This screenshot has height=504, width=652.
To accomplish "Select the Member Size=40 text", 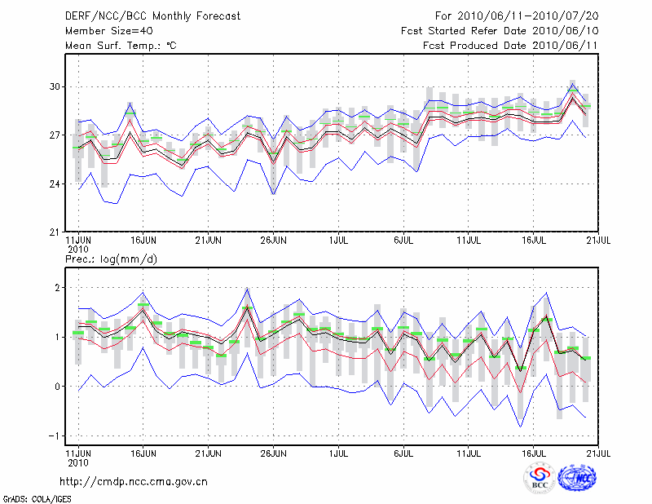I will coord(105,30).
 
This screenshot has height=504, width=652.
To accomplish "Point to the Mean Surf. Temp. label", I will coord(121,46).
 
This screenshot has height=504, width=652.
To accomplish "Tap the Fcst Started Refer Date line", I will coord(500,30).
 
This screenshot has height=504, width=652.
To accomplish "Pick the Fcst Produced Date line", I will coord(510,46).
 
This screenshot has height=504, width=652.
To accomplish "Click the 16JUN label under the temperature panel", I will coord(143,241).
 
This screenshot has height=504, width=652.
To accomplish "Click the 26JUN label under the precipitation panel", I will coord(273,450).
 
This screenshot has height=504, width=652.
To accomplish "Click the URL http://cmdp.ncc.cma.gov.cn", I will coord(136,481).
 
